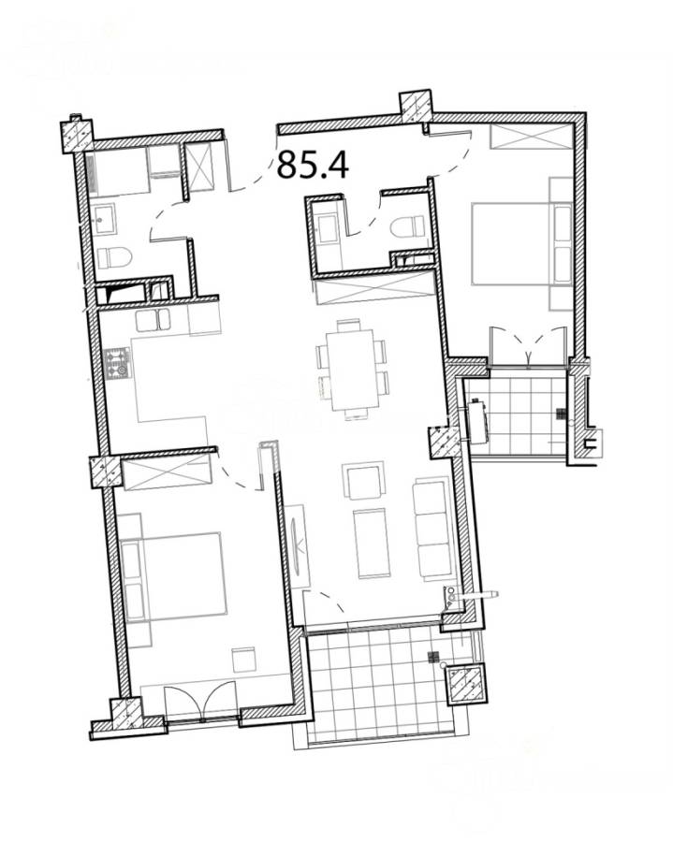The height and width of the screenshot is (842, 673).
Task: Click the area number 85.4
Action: tap(313, 166)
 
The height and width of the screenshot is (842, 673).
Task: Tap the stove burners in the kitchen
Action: tap(118, 363)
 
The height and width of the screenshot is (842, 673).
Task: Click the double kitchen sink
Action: tap(154, 321)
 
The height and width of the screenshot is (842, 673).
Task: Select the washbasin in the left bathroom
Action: tap(105, 221)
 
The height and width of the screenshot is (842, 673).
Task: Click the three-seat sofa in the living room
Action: tap(433, 529)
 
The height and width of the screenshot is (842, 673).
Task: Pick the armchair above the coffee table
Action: tap(363, 481)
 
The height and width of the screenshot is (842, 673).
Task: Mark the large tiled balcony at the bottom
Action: tap(379, 685)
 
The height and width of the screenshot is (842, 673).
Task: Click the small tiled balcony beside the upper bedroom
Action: tap(516, 412)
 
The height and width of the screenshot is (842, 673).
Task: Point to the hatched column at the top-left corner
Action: tap(77, 137)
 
